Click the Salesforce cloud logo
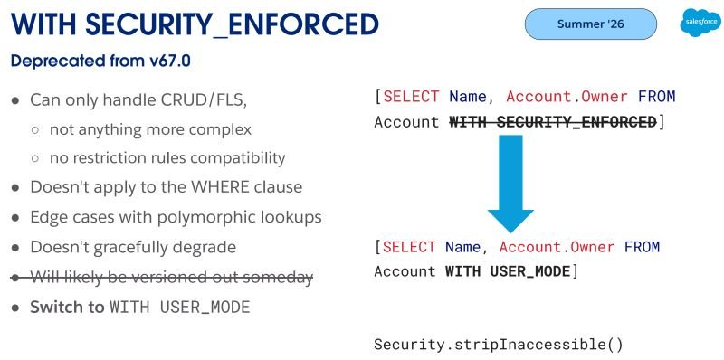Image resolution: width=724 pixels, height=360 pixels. [x=700, y=23]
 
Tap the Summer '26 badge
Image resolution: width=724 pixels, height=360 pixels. [x=591, y=24]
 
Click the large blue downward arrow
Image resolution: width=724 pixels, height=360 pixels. [x=510, y=184]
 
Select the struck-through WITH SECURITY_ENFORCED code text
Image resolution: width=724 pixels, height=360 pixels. [x=553, y=122]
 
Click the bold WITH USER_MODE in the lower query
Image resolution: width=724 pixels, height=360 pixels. [x=508, y=271]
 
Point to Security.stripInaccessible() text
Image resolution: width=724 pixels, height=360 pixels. [x=499, y=345]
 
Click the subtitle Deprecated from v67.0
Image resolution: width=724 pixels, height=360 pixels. [x=100, y=61]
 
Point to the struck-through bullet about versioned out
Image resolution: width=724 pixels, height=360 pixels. [x=162, y=278]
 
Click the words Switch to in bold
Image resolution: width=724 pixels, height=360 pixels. [x=67, y=308]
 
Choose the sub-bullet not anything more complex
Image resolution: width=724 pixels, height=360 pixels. [x=150, y=129]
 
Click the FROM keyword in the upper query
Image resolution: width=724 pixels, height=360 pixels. [x=657, y=97]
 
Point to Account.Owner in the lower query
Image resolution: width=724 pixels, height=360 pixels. [x=557, y=247]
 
